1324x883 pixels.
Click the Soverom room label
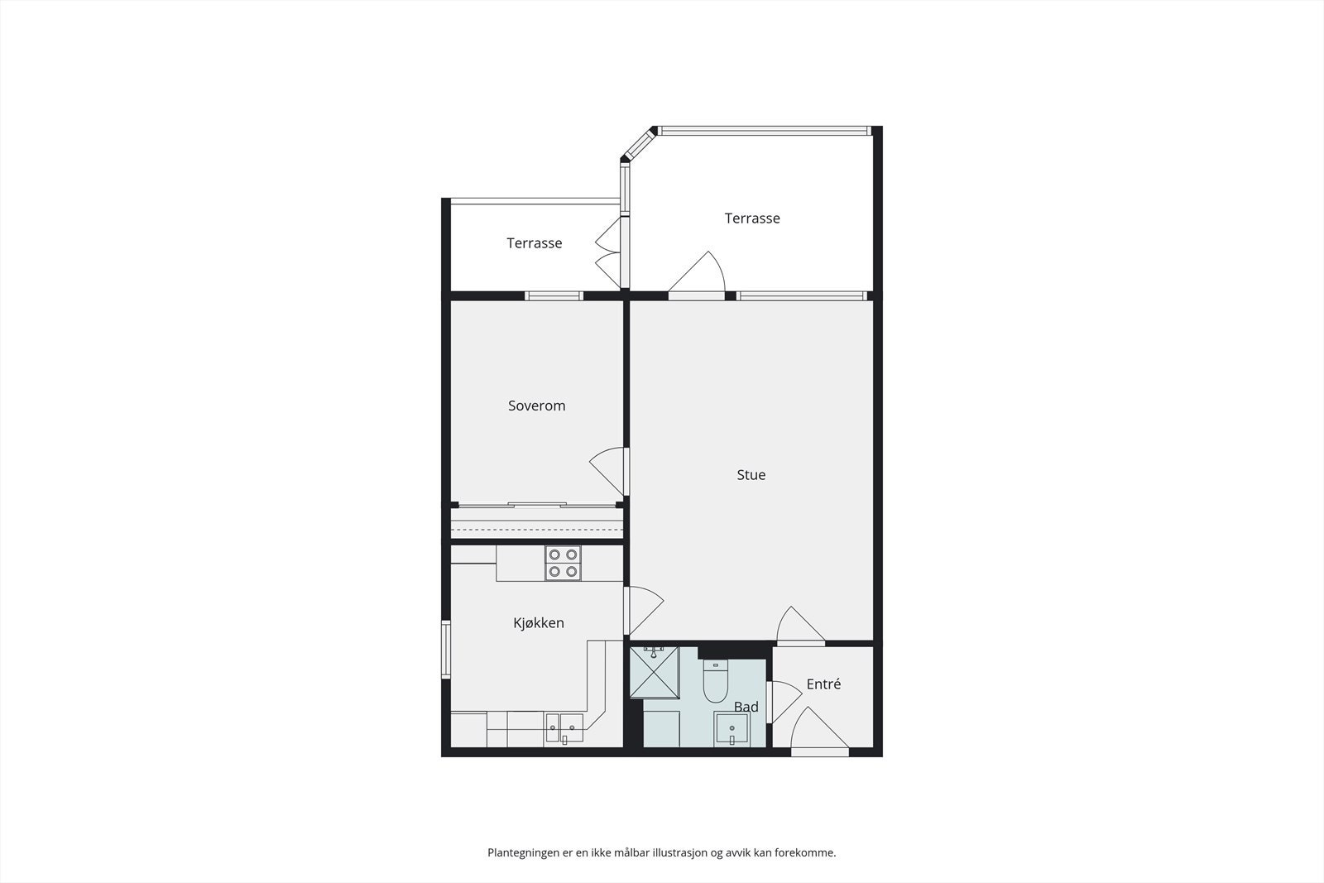536,406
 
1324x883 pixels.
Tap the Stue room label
751,475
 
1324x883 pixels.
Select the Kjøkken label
538,622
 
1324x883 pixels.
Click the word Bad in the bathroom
746,707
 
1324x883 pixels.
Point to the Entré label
823,684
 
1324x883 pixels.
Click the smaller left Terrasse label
534,243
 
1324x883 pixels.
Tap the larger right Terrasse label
751,218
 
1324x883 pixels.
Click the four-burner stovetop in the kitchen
563,563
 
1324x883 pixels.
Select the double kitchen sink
564,729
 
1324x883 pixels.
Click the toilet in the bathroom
714,682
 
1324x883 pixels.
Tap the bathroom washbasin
732,730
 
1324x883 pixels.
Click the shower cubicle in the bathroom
654,672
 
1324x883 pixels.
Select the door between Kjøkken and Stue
644,611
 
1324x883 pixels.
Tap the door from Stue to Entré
799,626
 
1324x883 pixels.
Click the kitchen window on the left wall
445,650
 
